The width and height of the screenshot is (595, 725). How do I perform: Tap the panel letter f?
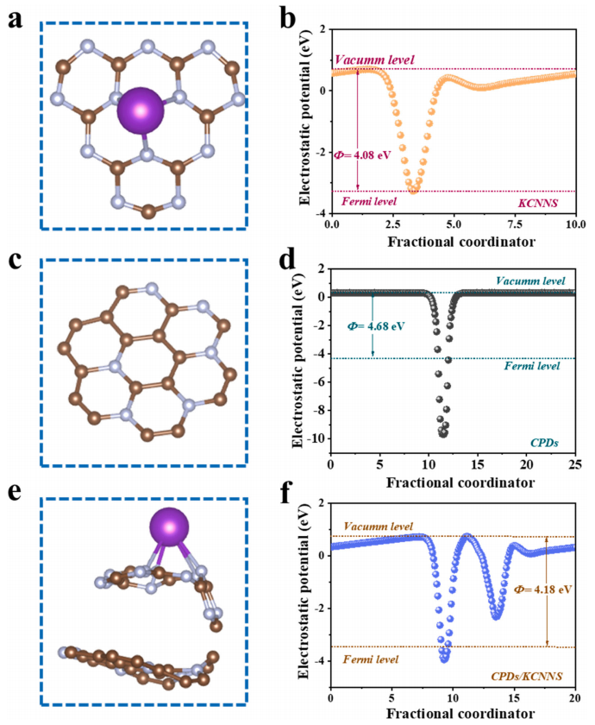(x=287, y=502)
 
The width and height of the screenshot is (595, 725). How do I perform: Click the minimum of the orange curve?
(x=415, y=189)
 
